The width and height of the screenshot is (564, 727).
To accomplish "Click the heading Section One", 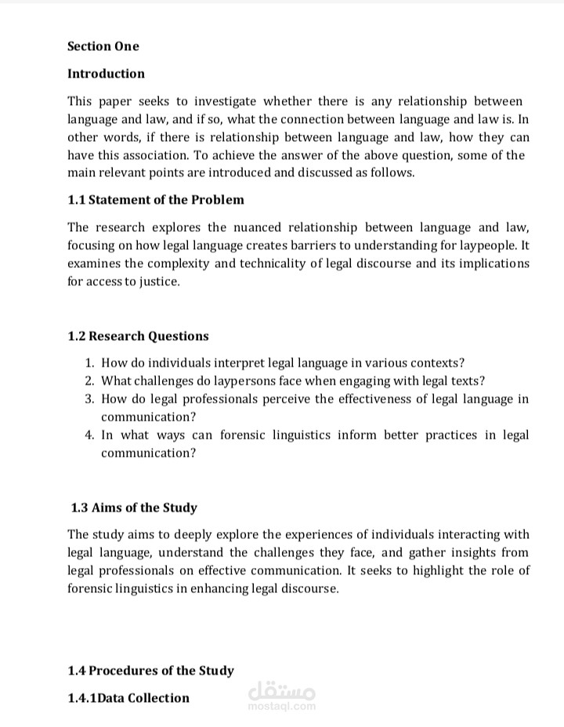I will [x=103, y=46].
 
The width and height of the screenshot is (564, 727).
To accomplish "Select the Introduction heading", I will [x=106, y=74].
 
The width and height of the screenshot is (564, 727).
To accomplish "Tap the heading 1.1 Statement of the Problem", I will [x=155, y=200].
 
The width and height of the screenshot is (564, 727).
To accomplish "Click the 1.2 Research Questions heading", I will [x=138, y=336].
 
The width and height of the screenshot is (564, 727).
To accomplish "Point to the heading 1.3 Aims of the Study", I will [x=134, y=508].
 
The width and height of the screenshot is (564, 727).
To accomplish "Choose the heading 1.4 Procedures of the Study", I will [x=150, y=671].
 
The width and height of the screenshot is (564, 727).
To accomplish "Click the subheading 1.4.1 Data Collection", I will [x=128, y=698].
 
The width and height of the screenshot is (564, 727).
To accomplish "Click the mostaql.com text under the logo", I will [x=281, y=707].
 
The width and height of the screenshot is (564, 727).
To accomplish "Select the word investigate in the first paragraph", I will [x=221, y=101].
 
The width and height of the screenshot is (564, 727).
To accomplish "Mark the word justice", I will [x=159, y=281].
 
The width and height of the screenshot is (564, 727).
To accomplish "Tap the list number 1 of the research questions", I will [x=89, y=363].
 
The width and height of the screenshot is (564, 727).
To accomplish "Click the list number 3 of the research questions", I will [x=89, y=399].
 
